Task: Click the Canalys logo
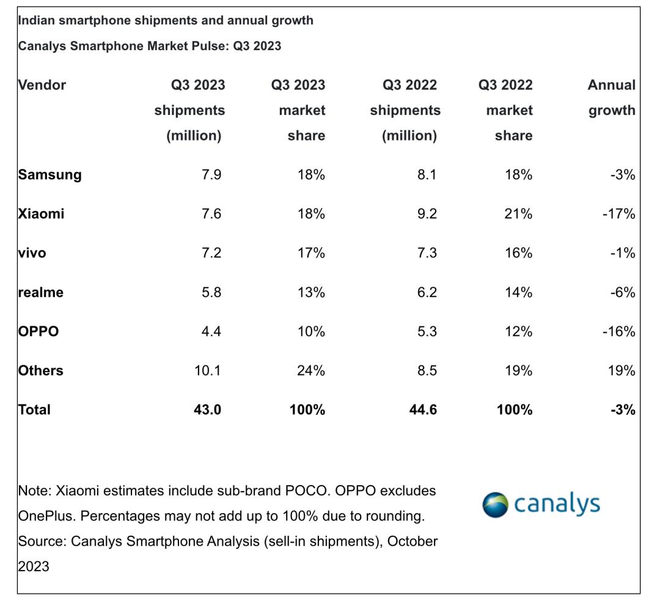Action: (x=541, y=505)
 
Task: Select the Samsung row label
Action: (x=50, y=175)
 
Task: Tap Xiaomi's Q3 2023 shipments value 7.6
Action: (x=211, y=214)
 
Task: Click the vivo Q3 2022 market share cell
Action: (x=518, y=253)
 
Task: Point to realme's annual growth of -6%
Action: (x=622, y=292)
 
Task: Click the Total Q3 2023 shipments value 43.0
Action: (x=207, y=409)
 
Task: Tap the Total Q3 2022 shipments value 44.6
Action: (x=423, y=409)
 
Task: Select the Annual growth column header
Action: (x=611, y=98)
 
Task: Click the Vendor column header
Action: (x=42, y=85)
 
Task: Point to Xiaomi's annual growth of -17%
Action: (x=620, y=214)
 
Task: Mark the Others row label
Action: (x=41, y=370)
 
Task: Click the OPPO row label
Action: (x=38, y=331)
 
